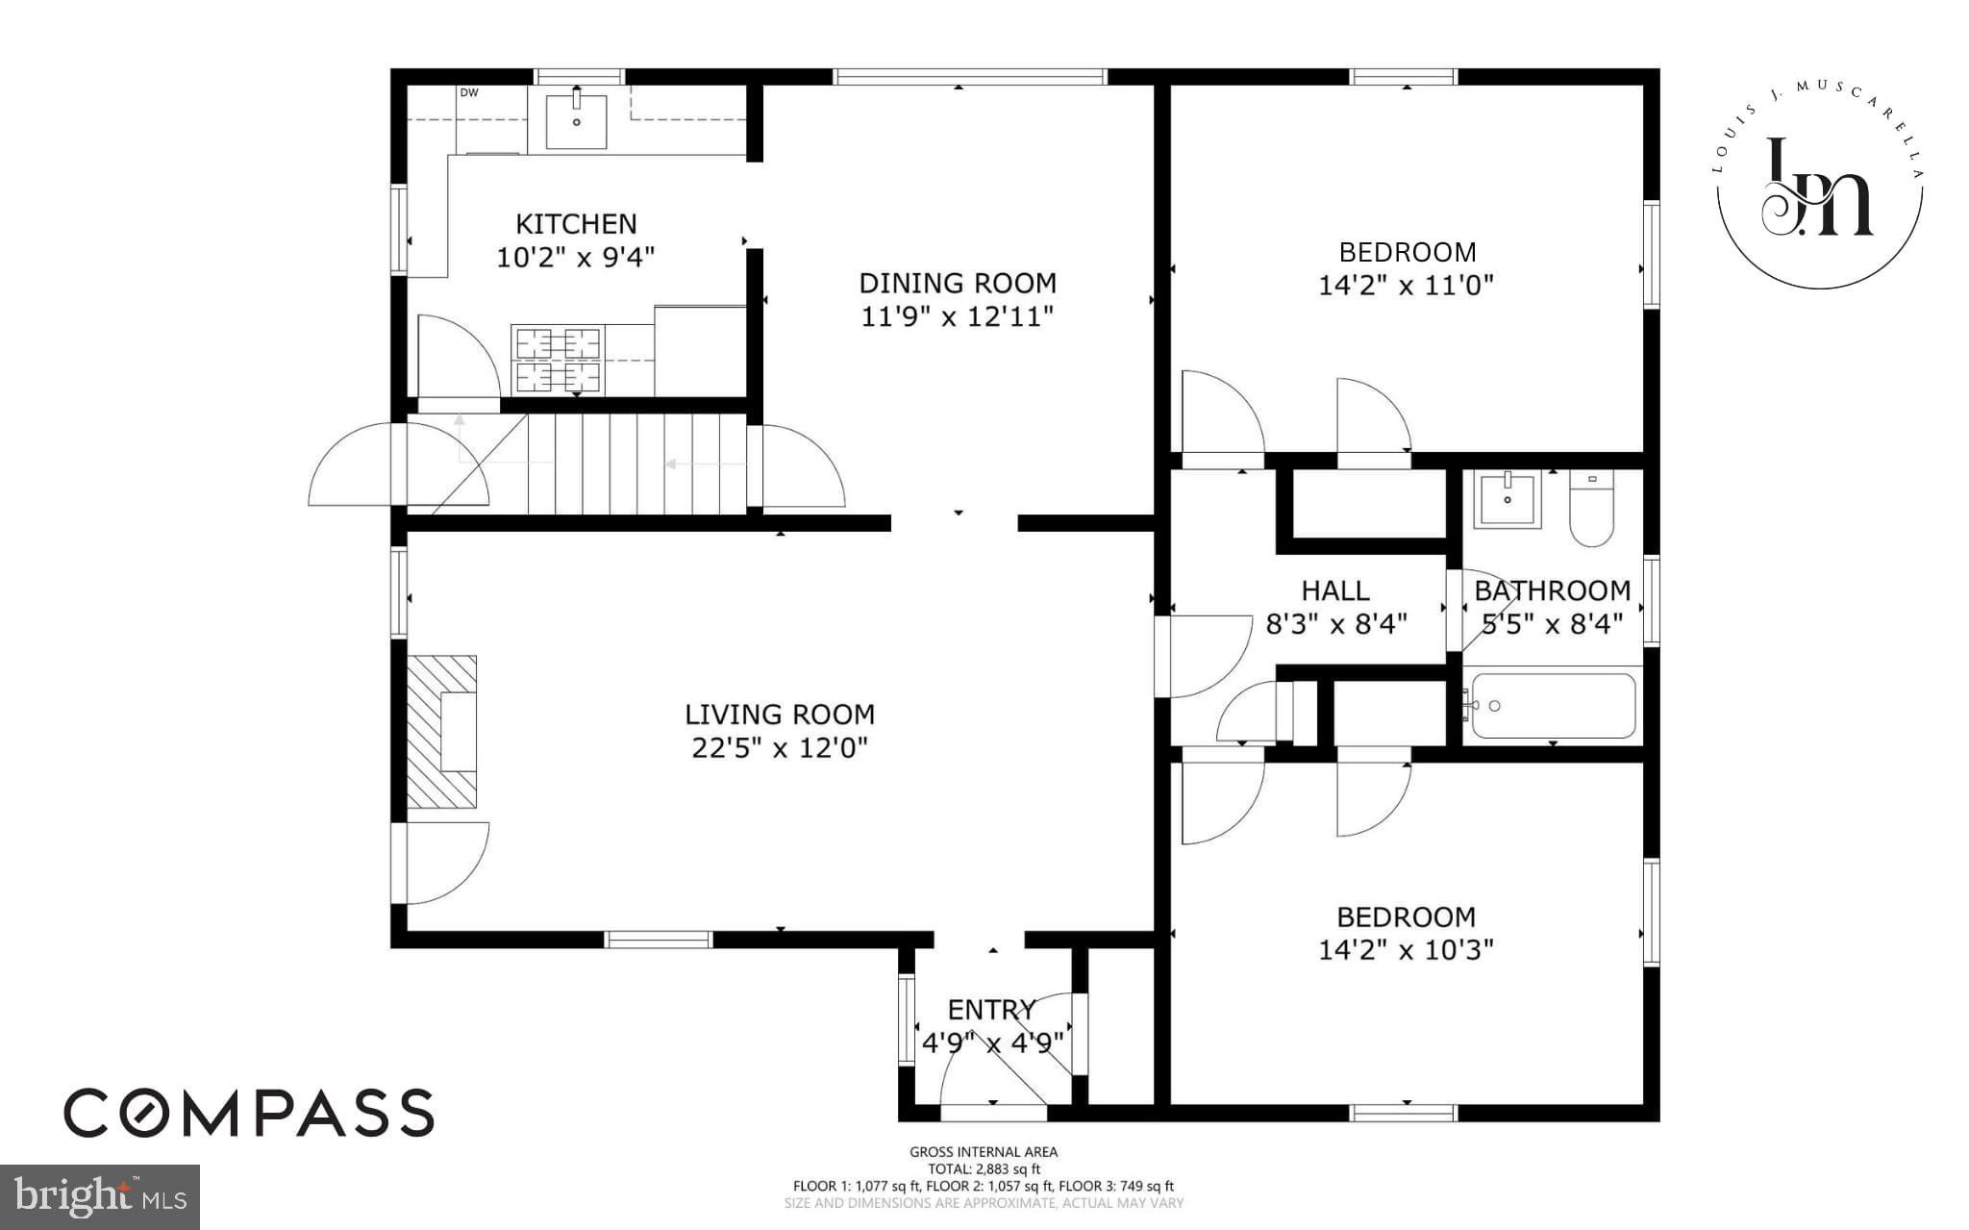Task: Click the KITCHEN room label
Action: tap(576, 224)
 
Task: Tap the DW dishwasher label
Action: tap(469, 93)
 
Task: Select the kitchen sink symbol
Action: tap(576, 121)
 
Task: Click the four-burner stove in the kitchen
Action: tap(558, 360)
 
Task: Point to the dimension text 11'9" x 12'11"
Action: tap(957, 316)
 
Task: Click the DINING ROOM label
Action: tap(957, 283)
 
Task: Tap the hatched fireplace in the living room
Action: tap(442, 731)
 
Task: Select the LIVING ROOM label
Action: tap(780, 715)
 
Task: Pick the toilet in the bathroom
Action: tap(1592, 510)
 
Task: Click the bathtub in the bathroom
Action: tap(1553, 706)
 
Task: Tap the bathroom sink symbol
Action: tap(1507, 498)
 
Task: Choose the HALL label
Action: tap(1335, 590)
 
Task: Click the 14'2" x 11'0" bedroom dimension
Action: tap(1406, 286)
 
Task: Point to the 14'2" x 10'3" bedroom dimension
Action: tap(1406, 950)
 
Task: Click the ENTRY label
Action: tap(991, 1010)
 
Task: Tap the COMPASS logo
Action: tap(249, 1114)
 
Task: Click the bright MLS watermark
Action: tap(100, 1196)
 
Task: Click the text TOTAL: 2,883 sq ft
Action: tap(984, 1169)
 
